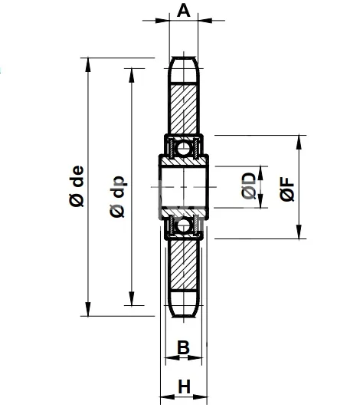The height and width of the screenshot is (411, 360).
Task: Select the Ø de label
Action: [76, 187]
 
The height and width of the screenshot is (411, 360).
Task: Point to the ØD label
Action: [248, 186]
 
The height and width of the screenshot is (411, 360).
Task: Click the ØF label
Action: [286, 188]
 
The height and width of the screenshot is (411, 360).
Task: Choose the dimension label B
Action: [183, 347]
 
